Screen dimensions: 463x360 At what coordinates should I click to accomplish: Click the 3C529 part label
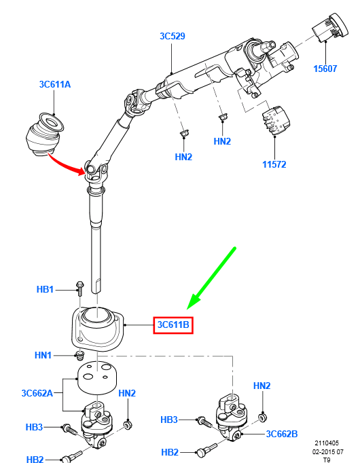coord(173,36)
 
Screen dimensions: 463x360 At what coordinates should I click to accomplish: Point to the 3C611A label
coord(54,84)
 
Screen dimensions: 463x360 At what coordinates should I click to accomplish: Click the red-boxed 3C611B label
coord(174,326)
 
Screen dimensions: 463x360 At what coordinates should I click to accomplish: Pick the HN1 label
coord(44,354)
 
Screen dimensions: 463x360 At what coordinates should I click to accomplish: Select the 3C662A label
coord(37,393)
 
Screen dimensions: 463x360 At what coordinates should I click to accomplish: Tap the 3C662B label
coord(282,434)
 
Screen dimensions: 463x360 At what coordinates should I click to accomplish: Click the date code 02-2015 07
coord(328,451)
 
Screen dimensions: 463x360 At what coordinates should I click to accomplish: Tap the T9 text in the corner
coord(327,459)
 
